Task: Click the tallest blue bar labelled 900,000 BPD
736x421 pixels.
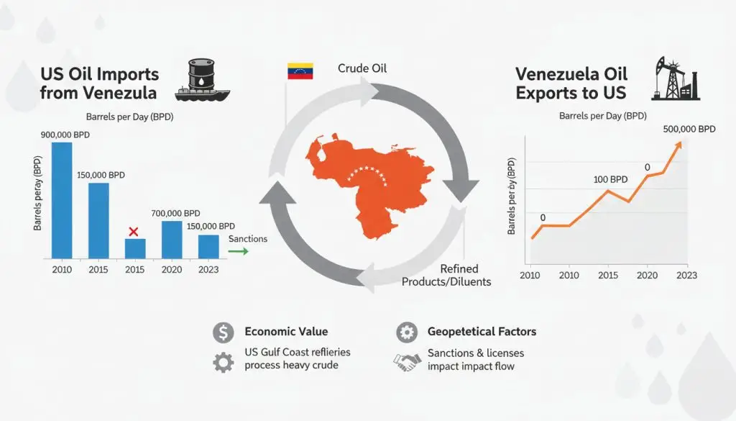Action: pyautogui.click(x=62, y=199)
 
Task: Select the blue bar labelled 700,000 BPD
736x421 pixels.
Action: pyautogui.click(x=172, y=239)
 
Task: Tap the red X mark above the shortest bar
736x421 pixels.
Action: pyautogui.click(x=133, y=231)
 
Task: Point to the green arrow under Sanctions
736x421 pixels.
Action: pyautogui.click(x=237, y=251)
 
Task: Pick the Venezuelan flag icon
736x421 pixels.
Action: pyautogui.click(x=300, y=71)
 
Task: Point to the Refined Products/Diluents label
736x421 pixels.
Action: pyautogui.click(x=446, y=276)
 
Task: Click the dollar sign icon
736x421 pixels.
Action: pyautogui.click(x=223, y=332)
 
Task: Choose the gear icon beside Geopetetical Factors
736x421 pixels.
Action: pyautogui.click(x=406, y=332)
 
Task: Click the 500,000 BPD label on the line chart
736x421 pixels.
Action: pyautogui.click(x=688, y=129)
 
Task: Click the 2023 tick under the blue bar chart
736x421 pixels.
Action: pyautogui.click(x=208, y=269)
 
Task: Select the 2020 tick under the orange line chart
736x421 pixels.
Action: pyautogui.click(x=648, y=276)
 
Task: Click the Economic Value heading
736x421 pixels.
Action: pyautogui.click(x=286, y=332)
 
